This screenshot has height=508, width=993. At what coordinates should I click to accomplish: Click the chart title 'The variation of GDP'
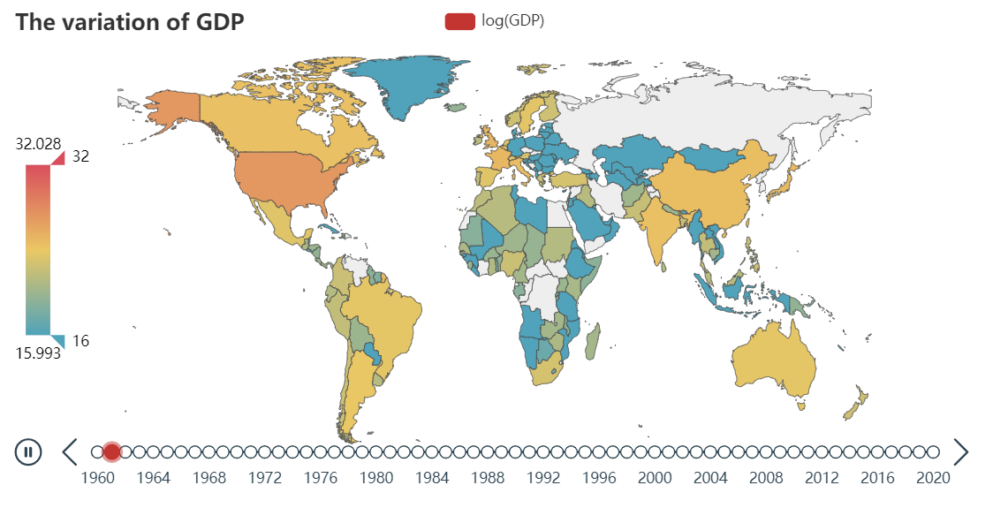pyautogui.click(x=130, y=22)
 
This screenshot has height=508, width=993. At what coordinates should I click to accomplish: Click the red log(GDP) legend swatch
pyautogui.click(x=460, y=21)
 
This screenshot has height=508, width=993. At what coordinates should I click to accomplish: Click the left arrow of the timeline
pyautogui.click(x=70, y=452)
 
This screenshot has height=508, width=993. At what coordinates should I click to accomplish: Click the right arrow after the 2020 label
pyautogui.click(x=961, y=452)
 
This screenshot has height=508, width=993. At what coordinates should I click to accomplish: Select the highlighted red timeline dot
pyautogui.click(x=111, y=452)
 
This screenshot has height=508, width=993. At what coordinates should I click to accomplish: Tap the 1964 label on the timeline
pyautogui.click(x=153, y=478)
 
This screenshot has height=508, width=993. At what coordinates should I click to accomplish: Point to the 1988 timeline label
pyautogui.click(x=488, y=478)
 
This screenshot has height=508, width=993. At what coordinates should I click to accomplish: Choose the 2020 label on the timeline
pyautogui.click(x=933, y=478)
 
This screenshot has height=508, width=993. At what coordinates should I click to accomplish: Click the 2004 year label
pyautogui.click(x=710, y=478)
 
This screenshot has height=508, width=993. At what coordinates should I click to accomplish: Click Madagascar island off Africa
pyautogui.click(x=594, y=341)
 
